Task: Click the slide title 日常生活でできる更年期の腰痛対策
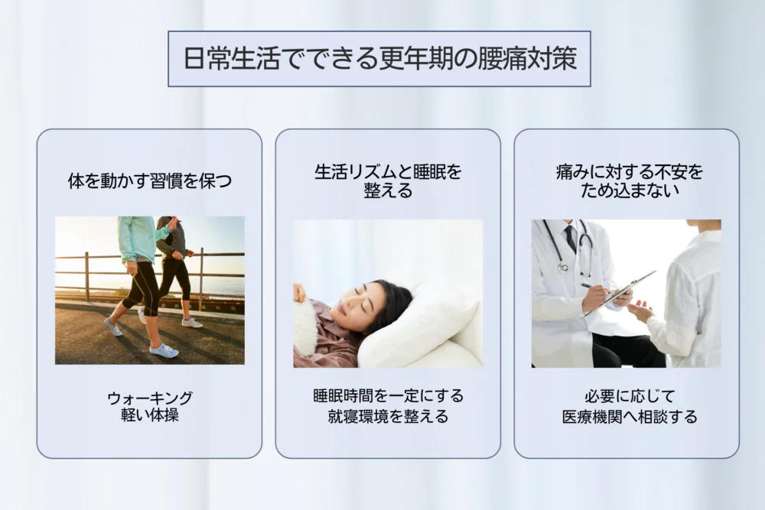(379, 59)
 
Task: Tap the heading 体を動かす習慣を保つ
(149, 181)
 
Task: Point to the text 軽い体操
(150, 415)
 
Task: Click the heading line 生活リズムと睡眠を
(388, 171)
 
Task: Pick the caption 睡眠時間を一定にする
(388, 395)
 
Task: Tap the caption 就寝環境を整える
(388, 417)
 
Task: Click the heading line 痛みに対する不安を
(630, 171)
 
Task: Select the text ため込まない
(630, 190)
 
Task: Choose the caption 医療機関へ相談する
(630, 417)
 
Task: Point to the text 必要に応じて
(630, 395)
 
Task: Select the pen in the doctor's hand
(594, 287)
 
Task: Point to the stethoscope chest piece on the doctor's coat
(564, 267)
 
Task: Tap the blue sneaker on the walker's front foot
(164, 350)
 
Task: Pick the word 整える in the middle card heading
(388, 190)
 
